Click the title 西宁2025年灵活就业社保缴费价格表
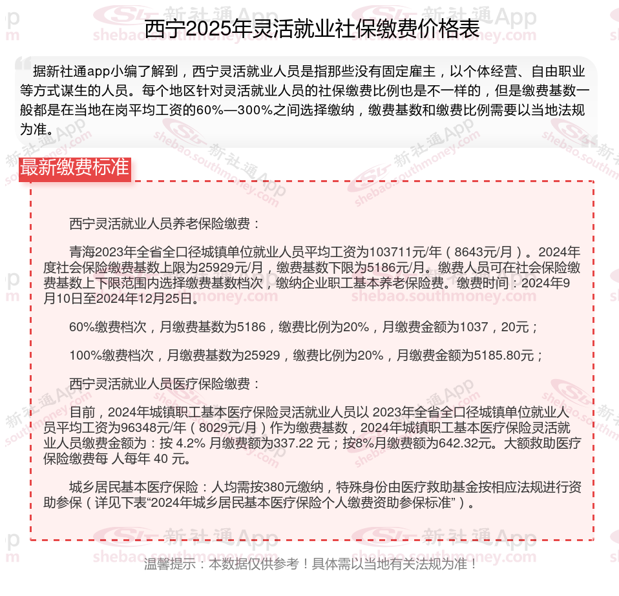pos(311,30)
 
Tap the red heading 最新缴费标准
pos(74,167)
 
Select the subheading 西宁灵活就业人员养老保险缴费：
pos(165,224)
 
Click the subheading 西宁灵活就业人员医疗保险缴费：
pos(165,384)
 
